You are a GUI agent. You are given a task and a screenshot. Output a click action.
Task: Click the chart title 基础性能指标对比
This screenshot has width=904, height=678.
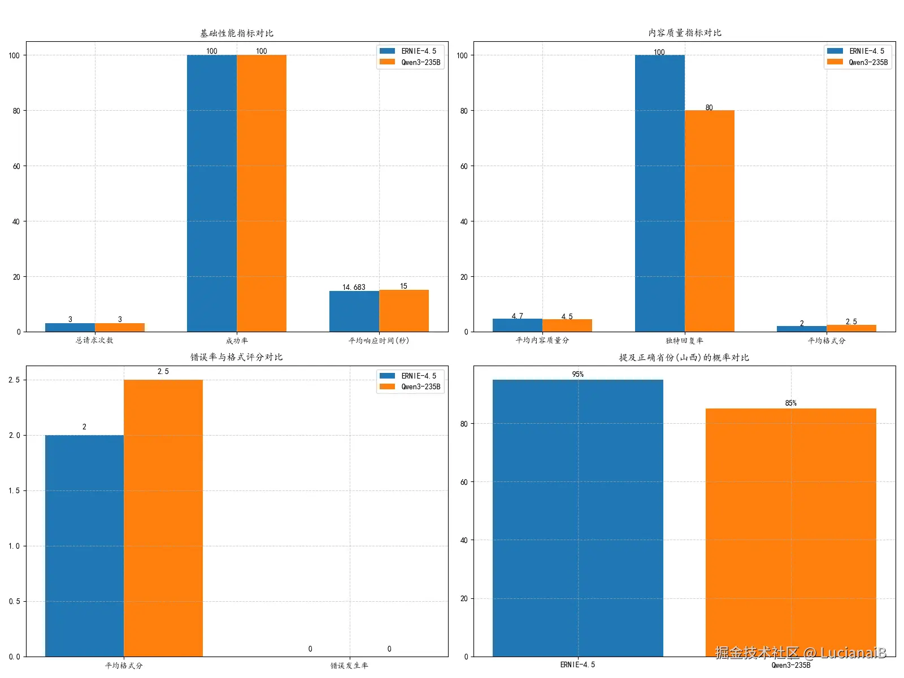[236, 33]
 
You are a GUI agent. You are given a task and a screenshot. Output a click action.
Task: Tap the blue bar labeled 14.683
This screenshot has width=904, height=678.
[354, 311]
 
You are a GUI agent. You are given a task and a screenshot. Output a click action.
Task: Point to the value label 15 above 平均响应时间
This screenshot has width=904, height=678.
[403, 286]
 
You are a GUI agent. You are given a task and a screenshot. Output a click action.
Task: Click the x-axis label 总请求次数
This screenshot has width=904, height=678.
[94, 340]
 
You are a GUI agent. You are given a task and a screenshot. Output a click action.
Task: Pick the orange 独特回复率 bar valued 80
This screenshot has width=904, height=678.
[709, 221]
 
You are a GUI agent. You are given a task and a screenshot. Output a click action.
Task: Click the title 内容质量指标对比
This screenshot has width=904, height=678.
[684, 33]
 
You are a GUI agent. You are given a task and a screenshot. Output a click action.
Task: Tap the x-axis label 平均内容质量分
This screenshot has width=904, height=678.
[542, 340]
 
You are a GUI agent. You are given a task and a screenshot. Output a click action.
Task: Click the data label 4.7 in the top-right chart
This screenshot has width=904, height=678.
[517, 316]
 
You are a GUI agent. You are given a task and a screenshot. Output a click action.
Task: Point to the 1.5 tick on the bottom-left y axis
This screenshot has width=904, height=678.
[14, 490]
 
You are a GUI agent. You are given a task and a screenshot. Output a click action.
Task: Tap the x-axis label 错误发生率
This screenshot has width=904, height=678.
[349, 666]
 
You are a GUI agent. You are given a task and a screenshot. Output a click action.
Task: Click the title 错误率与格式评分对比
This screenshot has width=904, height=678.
[236, 357]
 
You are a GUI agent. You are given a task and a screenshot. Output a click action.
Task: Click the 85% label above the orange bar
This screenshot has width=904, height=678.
[790, 403]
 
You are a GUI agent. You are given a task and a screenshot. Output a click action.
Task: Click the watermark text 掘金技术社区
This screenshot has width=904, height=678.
[757, 653]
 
